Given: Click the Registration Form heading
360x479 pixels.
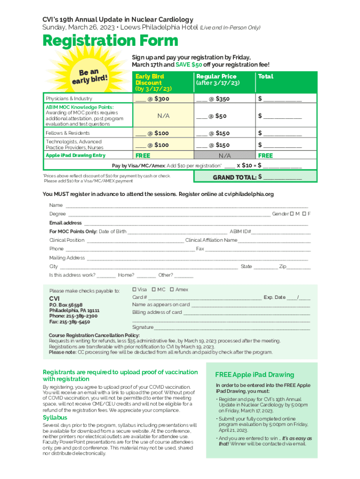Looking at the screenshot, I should (110, 41).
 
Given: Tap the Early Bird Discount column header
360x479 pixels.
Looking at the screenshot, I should (149, 82).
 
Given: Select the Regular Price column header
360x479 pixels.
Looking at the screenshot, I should (216, 79).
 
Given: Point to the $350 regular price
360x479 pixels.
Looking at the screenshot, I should (223, 99).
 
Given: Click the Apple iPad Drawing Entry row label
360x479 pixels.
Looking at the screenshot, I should (75, 155).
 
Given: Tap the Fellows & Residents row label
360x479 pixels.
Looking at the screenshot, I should (67, 133).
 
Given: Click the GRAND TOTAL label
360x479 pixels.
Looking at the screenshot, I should (234, 177).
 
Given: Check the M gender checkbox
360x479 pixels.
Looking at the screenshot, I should (292, 214).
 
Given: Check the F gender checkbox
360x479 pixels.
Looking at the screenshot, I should (304, 214).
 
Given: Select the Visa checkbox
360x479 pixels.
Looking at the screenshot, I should (135, 290).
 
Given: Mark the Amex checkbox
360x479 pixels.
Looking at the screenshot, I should (172, 290).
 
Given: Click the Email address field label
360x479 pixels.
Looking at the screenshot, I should (65, 223).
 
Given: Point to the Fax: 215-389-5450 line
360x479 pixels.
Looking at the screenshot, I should (70, 322).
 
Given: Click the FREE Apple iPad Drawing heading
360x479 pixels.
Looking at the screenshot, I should (254, 375).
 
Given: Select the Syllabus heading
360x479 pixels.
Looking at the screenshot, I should (55, 417).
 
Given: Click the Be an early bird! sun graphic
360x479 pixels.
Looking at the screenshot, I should (89, 77).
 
